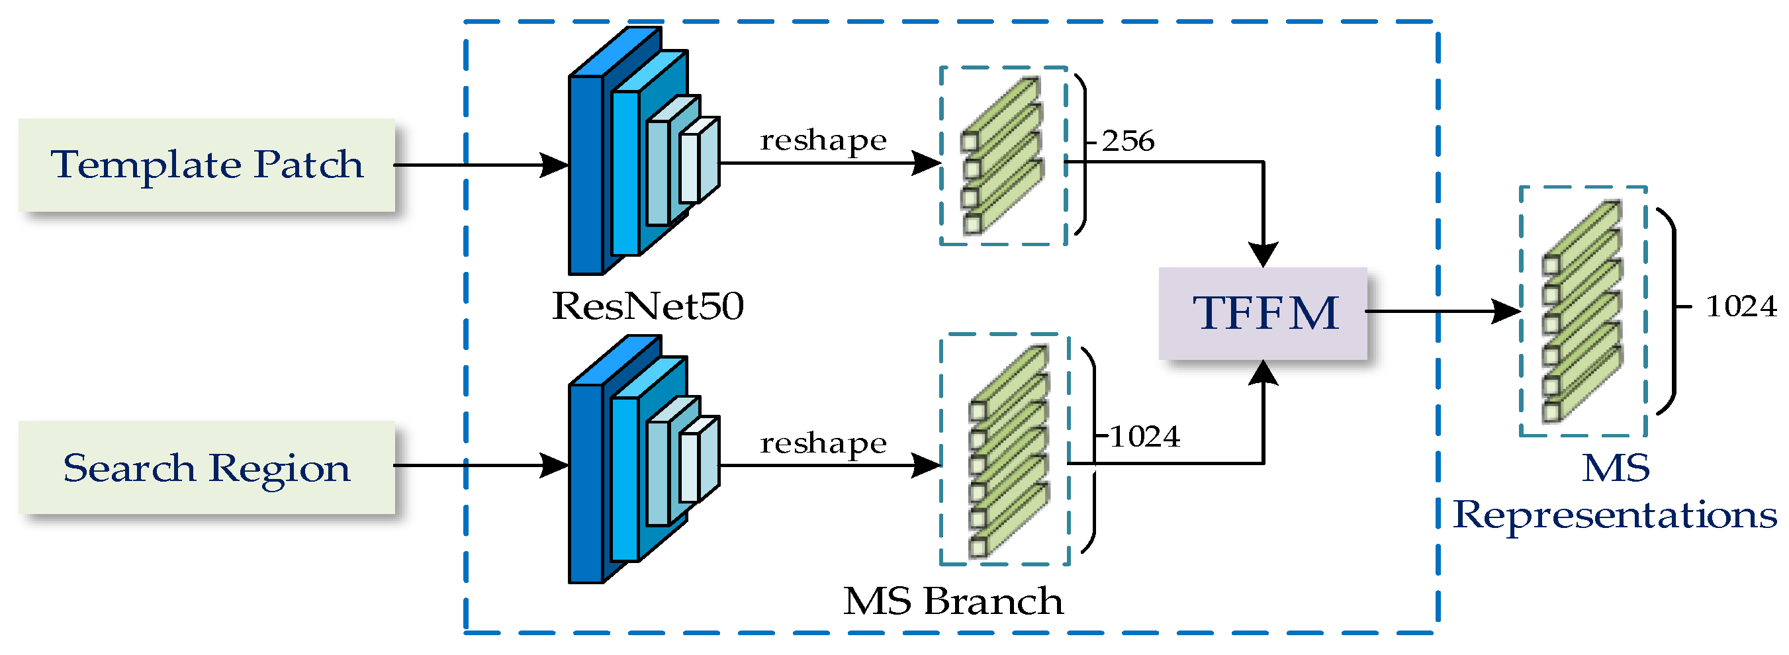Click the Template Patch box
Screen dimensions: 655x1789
pyautogui.click(x=206, y=165)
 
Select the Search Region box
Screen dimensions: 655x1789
pyautogui.click(x=206, y=468)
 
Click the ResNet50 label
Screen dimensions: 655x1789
pyautogui.click(x=647, y=306)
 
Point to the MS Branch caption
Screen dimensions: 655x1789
pyautogui.click(x=953, y=601)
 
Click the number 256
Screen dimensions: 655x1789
pyautogui.click(x=1128, y=142)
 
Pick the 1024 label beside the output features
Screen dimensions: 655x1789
pyautogui.click(x=1741, y=307)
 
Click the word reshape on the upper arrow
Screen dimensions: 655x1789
pyautogui.click(x=823, y=141)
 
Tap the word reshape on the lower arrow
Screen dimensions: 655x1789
pyautogui.click(x=823, y=443)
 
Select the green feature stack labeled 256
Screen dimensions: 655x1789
pyautogui.click(x=1002, y=156)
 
